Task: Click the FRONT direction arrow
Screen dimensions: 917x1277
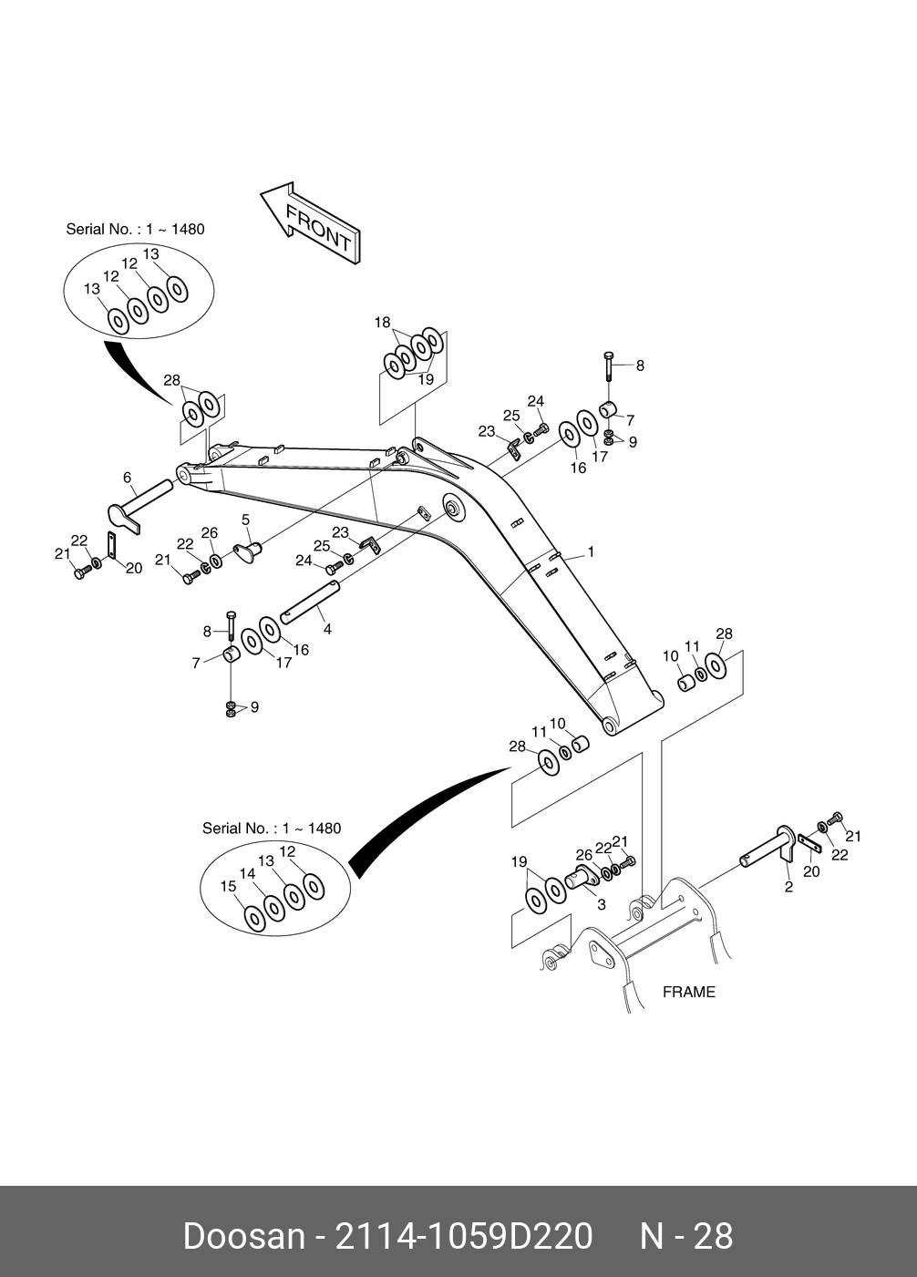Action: pyautogui.click(x=311, y=223)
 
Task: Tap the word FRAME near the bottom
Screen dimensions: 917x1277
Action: pyautogui.click(x=689, y=992)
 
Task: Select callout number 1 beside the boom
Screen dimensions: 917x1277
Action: pyautogui.click(x=591, y=551)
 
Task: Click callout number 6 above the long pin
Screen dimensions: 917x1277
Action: pyautogui.click(x=128, y=477)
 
